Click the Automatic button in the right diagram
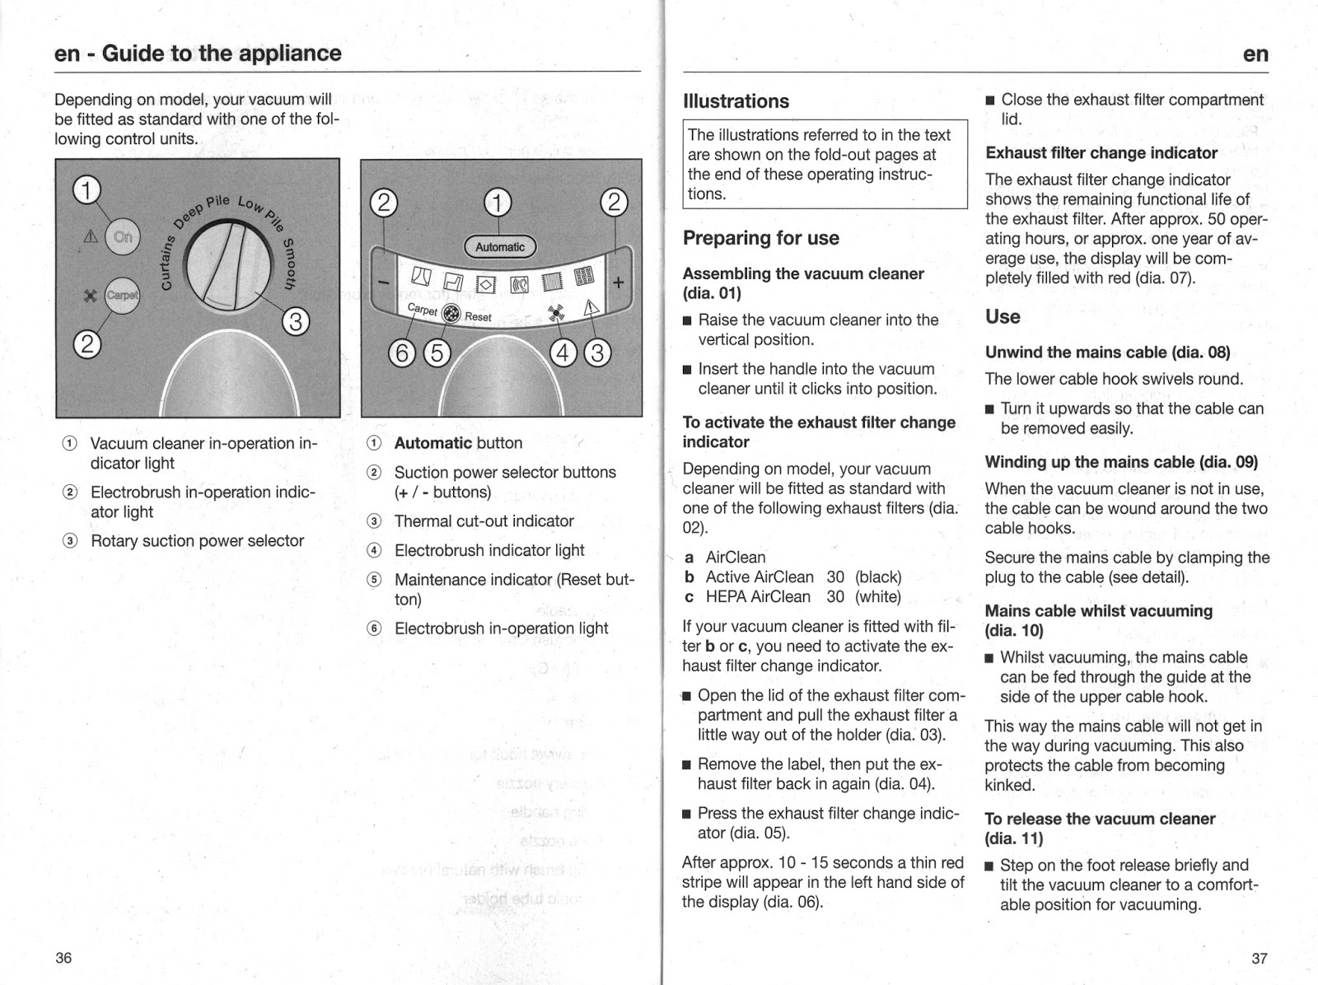[x=499, y=246]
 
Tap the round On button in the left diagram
[x=123, y=237]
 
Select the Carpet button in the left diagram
[x=122, y=295]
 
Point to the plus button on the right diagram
[x=618, y=282]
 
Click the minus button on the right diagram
[x=383, y=282]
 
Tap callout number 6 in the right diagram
[x=402, y=352]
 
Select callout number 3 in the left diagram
[x=295, y=320]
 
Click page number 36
[x=63, y=958]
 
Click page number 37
[x=1259, y=959]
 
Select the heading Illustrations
[x=736, y=101]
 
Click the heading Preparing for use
[x=760, y=238]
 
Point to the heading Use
[x=1002, y=317]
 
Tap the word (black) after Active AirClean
[x=878, y=577]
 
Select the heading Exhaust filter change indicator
[x=1101, y=153]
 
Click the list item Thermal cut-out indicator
[x=484, y=521]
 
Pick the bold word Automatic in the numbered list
[x=432, y=443]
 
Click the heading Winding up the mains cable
[x=1120, y=462]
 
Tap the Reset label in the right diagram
[x=478, y=317]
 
